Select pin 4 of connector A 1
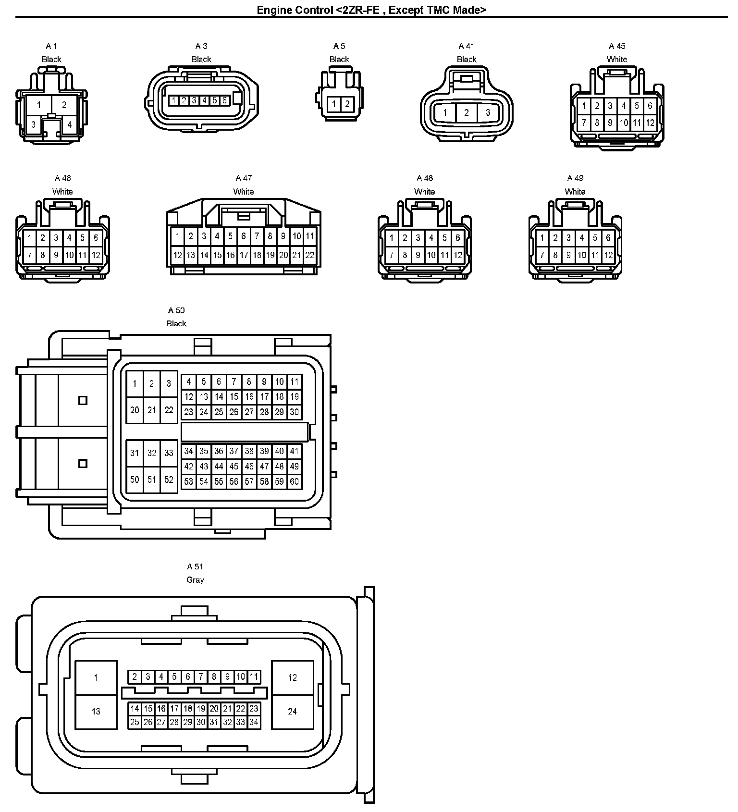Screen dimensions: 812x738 [x=69, y=125]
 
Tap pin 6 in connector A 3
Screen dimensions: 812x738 [x=224, y=100]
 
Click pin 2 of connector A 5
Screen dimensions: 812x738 [x=347, y=104]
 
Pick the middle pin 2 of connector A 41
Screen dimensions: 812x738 [x=466, y=113]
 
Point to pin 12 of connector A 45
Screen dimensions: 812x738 [x=650, y=123]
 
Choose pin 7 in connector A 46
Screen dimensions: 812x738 [x=29, y=255]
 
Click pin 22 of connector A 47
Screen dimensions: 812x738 [x=310, y=255]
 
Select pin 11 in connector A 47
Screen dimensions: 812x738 [x=310, y=236]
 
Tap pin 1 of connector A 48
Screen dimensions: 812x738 [x=392, y=238]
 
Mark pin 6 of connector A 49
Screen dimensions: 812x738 [x=608, y=238]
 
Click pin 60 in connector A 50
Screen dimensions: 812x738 [x=295, y=481]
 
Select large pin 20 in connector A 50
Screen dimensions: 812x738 [x=135, y=410]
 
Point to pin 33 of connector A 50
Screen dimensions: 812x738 [x=169, y=453]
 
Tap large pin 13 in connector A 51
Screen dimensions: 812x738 [x=96, y=712]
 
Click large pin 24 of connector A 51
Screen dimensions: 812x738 [x=293, y=712]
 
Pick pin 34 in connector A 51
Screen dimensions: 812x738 [x=254, y=722]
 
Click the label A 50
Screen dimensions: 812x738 [x=176, y=310]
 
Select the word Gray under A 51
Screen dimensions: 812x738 [x=195, y=580]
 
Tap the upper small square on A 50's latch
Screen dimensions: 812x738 [x=83, y=400]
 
